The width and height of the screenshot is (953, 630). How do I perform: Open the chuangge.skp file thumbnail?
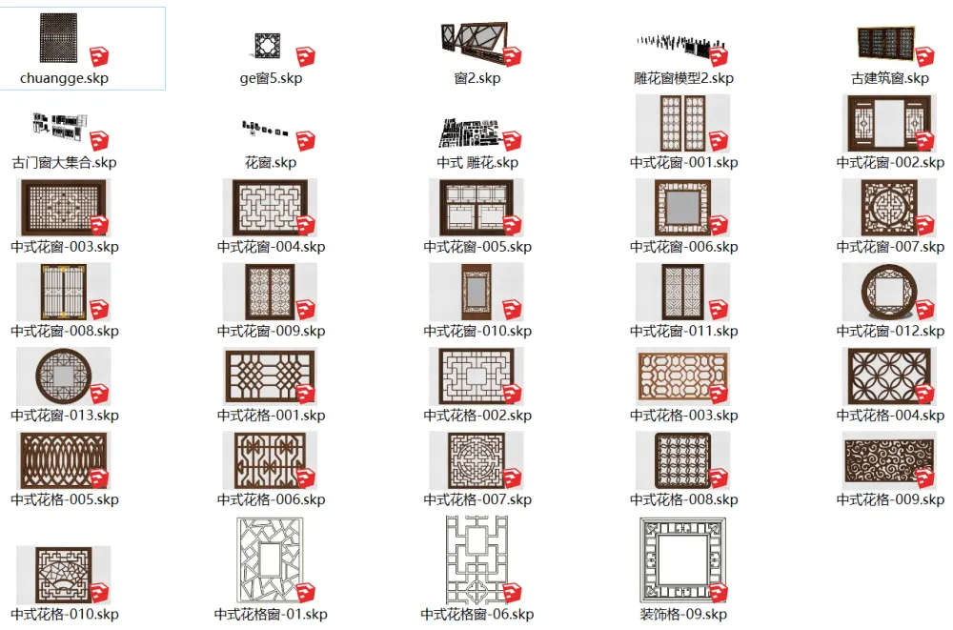(59, 38)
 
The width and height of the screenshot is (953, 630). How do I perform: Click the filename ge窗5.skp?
(271, 78)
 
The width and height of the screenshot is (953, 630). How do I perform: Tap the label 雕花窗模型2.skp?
(683, 78)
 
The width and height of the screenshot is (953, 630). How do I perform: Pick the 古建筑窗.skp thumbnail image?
(886, 43)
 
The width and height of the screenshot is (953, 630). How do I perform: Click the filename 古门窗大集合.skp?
(64, 162)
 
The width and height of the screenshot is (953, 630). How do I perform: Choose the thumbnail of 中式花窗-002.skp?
(889, 124)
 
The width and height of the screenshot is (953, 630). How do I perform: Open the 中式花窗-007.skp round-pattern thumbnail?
(888, 208)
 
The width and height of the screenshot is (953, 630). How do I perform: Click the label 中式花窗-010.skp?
(477, 331)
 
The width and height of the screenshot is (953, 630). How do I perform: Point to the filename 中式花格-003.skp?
(683, 416)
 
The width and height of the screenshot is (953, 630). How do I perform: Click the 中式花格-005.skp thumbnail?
(63, 461)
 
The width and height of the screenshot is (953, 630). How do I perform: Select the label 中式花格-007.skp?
(477, 499)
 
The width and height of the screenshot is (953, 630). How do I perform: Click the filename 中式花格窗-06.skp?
(477, 614)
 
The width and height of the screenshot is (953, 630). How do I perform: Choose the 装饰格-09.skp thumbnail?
(682, 560)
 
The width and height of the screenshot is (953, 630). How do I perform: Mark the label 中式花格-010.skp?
(65, 614)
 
